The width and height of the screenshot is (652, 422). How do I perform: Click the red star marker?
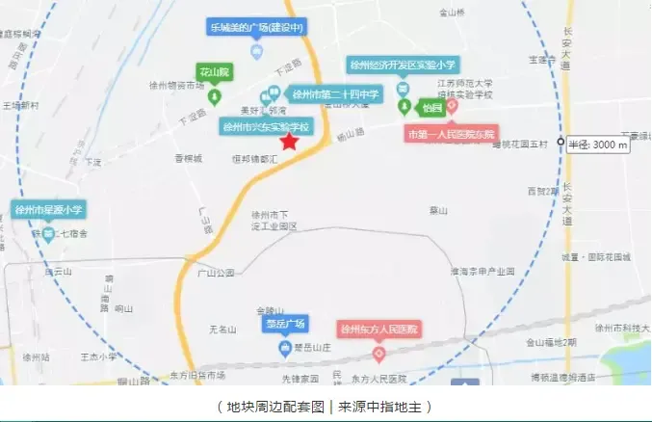(289, 141)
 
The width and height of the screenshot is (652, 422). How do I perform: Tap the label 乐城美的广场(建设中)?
(255, 26)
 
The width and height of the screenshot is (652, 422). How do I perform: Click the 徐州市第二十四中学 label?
(337, 94)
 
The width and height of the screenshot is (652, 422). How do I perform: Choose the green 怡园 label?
(430, 108)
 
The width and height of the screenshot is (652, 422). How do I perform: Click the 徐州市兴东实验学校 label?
(267, 126)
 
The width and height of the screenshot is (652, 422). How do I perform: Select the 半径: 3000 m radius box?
(597, 145)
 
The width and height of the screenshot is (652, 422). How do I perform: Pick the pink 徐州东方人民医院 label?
(378, 330)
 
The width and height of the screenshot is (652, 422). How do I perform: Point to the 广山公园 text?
(216, 273)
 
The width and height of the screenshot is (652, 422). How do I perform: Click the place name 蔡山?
(439, 208)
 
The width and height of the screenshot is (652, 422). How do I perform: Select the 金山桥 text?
(452, 13)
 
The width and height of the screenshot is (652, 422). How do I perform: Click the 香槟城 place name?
(189, 158)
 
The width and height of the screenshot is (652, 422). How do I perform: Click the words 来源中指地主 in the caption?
(380, 407)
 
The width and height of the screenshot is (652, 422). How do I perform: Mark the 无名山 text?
(222, 330)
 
